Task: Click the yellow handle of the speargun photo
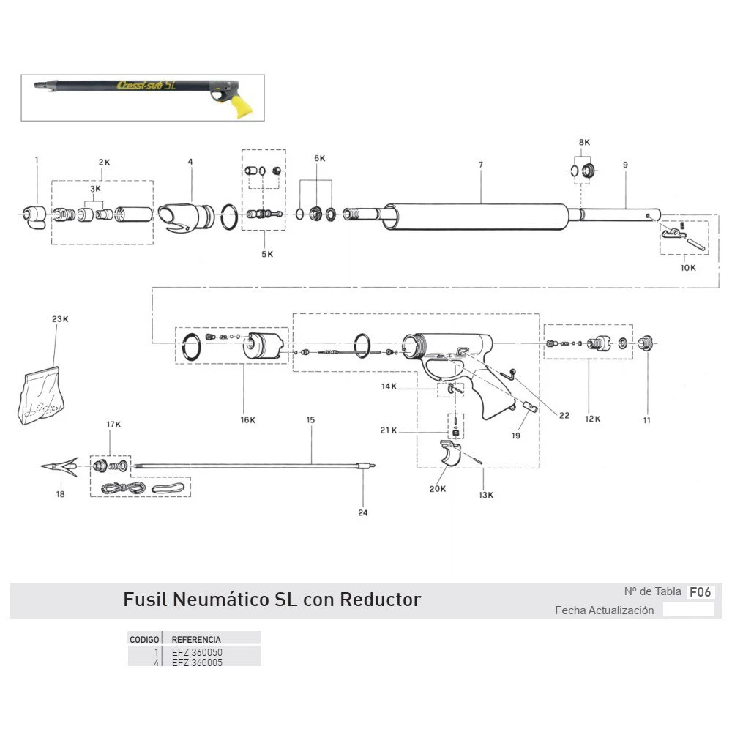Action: [239, 107]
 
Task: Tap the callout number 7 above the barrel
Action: [481, 165]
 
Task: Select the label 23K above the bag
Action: [60, 320]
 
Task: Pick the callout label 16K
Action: [248, 420]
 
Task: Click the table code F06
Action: [701, 592]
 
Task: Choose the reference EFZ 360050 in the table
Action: [197, 651]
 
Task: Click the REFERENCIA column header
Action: [195, 639]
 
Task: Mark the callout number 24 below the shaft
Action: [363, 512]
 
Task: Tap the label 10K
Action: [688, 268]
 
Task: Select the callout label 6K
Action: [320, 159]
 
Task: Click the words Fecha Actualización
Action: [604, 610]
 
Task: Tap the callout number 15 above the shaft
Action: [310, 420]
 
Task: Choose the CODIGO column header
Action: [144, 639]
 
